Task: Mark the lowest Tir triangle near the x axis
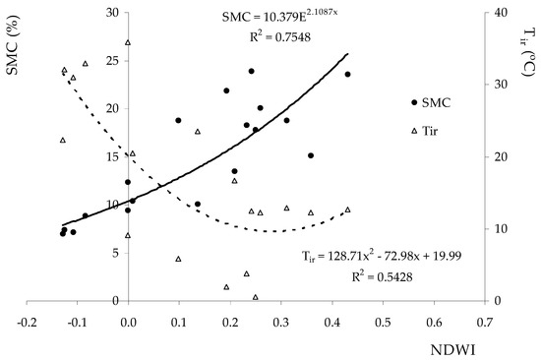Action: point(256,296)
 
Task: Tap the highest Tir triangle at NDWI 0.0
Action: point(128,42)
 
